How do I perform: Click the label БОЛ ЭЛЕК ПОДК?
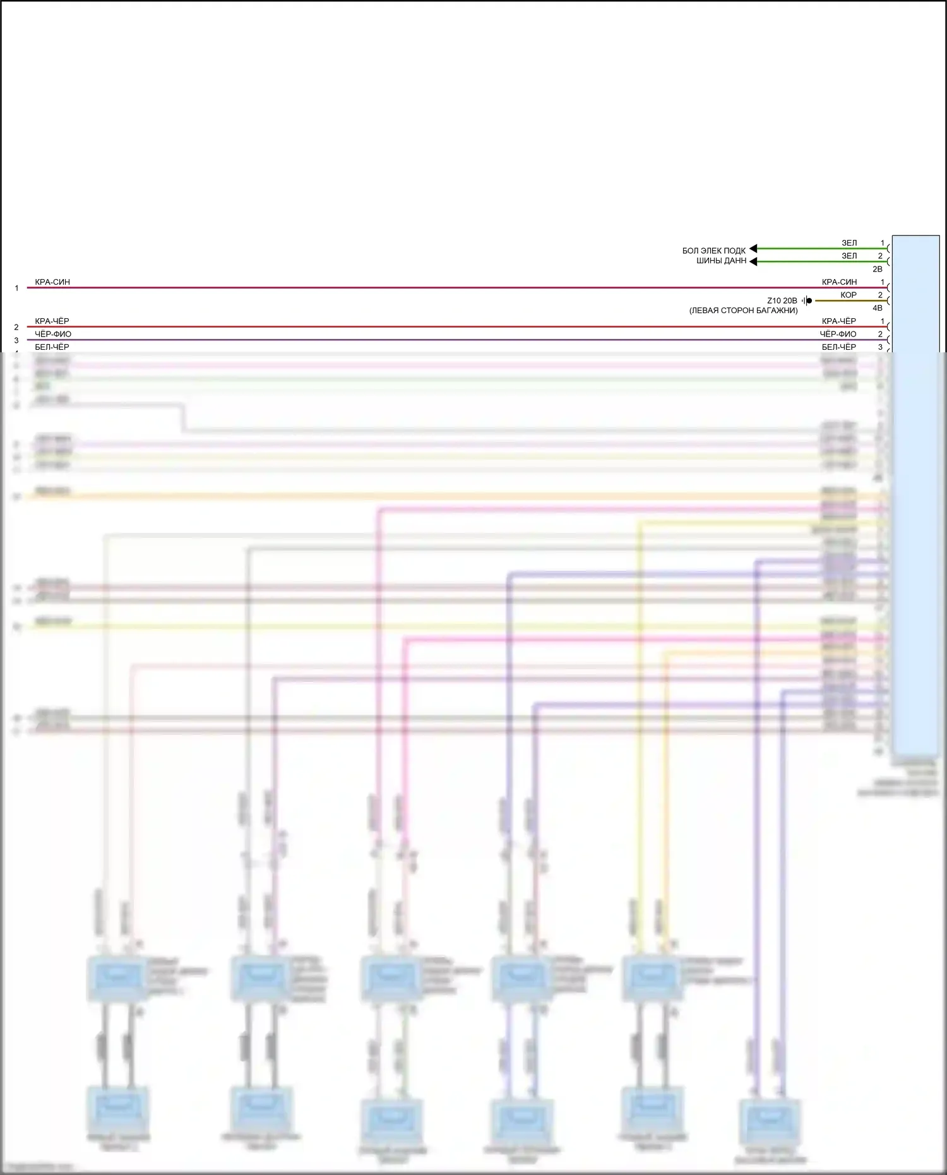(713, 251)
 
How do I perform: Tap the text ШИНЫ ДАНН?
(721, 261)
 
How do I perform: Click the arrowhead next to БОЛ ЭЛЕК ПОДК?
(753, 249)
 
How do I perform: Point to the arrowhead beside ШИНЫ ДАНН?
(753, 261)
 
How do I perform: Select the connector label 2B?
(878, 269)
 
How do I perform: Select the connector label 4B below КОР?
(878, 308)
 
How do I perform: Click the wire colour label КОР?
(849, 295)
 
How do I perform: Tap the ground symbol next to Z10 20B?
(807, 301)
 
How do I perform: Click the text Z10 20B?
(782, 301)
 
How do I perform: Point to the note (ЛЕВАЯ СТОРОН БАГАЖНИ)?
(743, 311)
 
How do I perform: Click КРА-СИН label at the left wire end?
(52, 282)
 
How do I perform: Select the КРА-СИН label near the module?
(839, 282)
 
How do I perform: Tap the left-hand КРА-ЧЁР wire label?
(52, 321)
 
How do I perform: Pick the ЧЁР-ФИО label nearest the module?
(838, 334)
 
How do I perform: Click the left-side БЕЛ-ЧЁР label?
(52, 347)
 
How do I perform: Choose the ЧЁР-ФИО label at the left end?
(54, 334)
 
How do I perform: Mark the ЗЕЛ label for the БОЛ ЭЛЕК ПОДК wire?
(849, 243)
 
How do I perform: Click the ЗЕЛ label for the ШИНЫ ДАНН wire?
(849, 256)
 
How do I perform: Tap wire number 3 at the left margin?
(16, 340)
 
